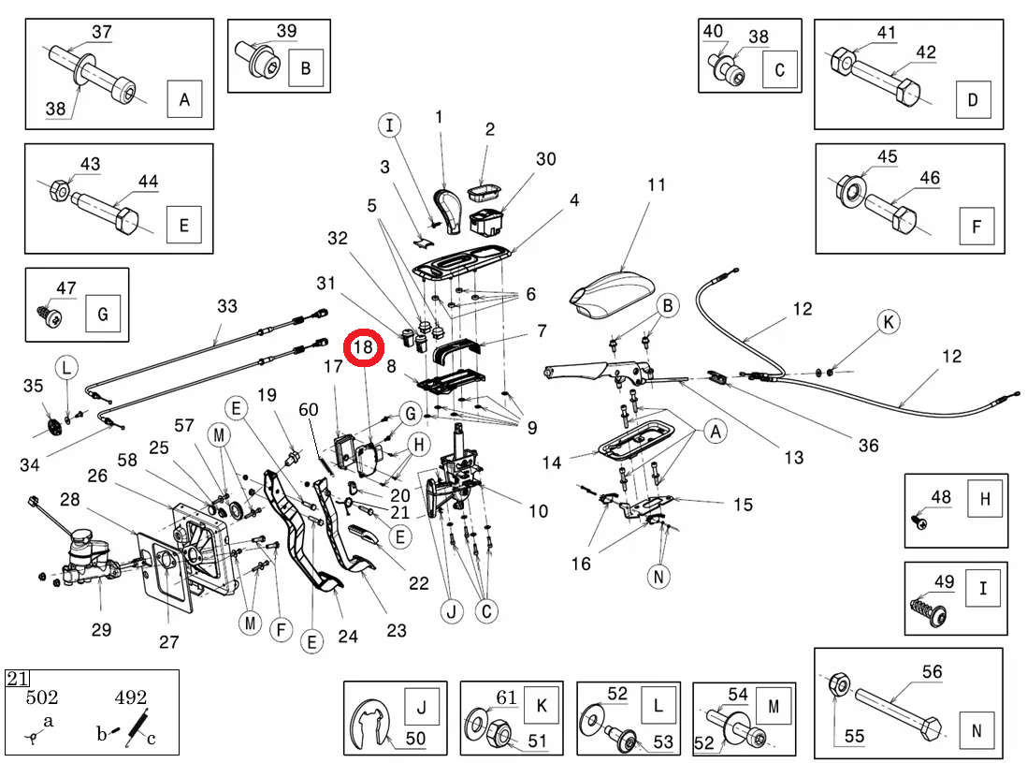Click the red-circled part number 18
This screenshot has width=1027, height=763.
point(363,347)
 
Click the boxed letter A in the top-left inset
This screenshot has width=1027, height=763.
point(184,99)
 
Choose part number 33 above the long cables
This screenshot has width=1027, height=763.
point(227,305)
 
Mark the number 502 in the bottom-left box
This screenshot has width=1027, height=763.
point(41,697)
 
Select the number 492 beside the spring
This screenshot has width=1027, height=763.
point(130,697)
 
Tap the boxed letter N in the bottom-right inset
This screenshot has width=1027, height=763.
point(976,731)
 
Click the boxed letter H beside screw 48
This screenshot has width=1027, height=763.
point(985,499)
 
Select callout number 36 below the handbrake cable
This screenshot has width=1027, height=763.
point(868,445)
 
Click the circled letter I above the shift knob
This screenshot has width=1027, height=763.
point(390,125)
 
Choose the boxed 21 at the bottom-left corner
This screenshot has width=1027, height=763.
point(18,679)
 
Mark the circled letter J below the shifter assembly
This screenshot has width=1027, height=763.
point(454,612)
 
